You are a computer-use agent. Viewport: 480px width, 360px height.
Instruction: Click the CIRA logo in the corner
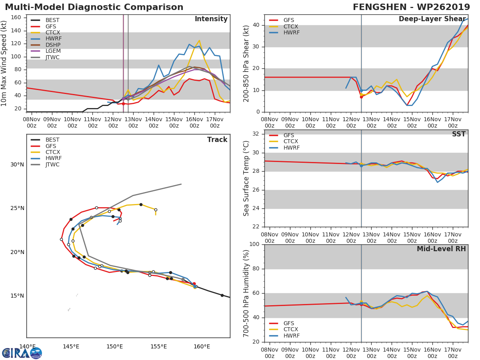tap(22, 353)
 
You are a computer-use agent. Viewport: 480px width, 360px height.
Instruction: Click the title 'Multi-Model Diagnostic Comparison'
tap(94, 7)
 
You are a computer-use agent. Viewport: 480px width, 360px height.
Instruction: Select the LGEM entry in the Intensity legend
tap(52, 51)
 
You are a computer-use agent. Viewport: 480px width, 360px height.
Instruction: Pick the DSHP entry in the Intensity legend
tap(52, 45)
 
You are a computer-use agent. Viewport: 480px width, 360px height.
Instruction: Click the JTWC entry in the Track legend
tap(52, 164)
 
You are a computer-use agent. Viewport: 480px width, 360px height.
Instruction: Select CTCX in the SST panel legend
tap(291, 142)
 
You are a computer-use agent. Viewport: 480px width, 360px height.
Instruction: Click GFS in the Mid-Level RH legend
tap(289, 323)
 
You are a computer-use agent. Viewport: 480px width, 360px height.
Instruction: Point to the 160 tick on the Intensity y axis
tap(16, 18)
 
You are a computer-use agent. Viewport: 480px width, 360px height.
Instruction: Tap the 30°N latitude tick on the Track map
tap(17, 165)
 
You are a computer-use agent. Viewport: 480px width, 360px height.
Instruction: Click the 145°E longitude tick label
tap(71, 346)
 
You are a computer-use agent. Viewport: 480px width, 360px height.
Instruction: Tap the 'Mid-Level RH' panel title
tap(441, 249)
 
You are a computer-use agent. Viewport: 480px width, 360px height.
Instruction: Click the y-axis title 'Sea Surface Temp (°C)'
tap(246, 178)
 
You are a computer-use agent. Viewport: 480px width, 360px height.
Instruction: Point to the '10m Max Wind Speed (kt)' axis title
tap(4, 63)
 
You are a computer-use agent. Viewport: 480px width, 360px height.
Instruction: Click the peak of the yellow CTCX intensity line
tap(199, 40)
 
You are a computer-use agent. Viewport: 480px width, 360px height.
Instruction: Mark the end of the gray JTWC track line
tap(181, 184)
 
